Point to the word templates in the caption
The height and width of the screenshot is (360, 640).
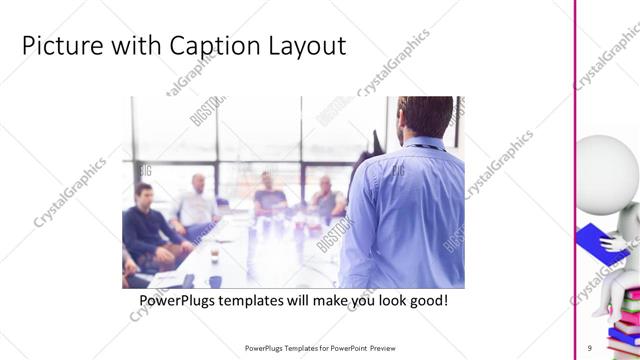click(x=267, y=300)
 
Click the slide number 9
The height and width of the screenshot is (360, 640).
click(x=590, y=348)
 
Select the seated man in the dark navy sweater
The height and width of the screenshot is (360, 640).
click(x=148, y=225)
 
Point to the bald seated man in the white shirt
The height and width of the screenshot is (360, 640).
click(x=196, y=205)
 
